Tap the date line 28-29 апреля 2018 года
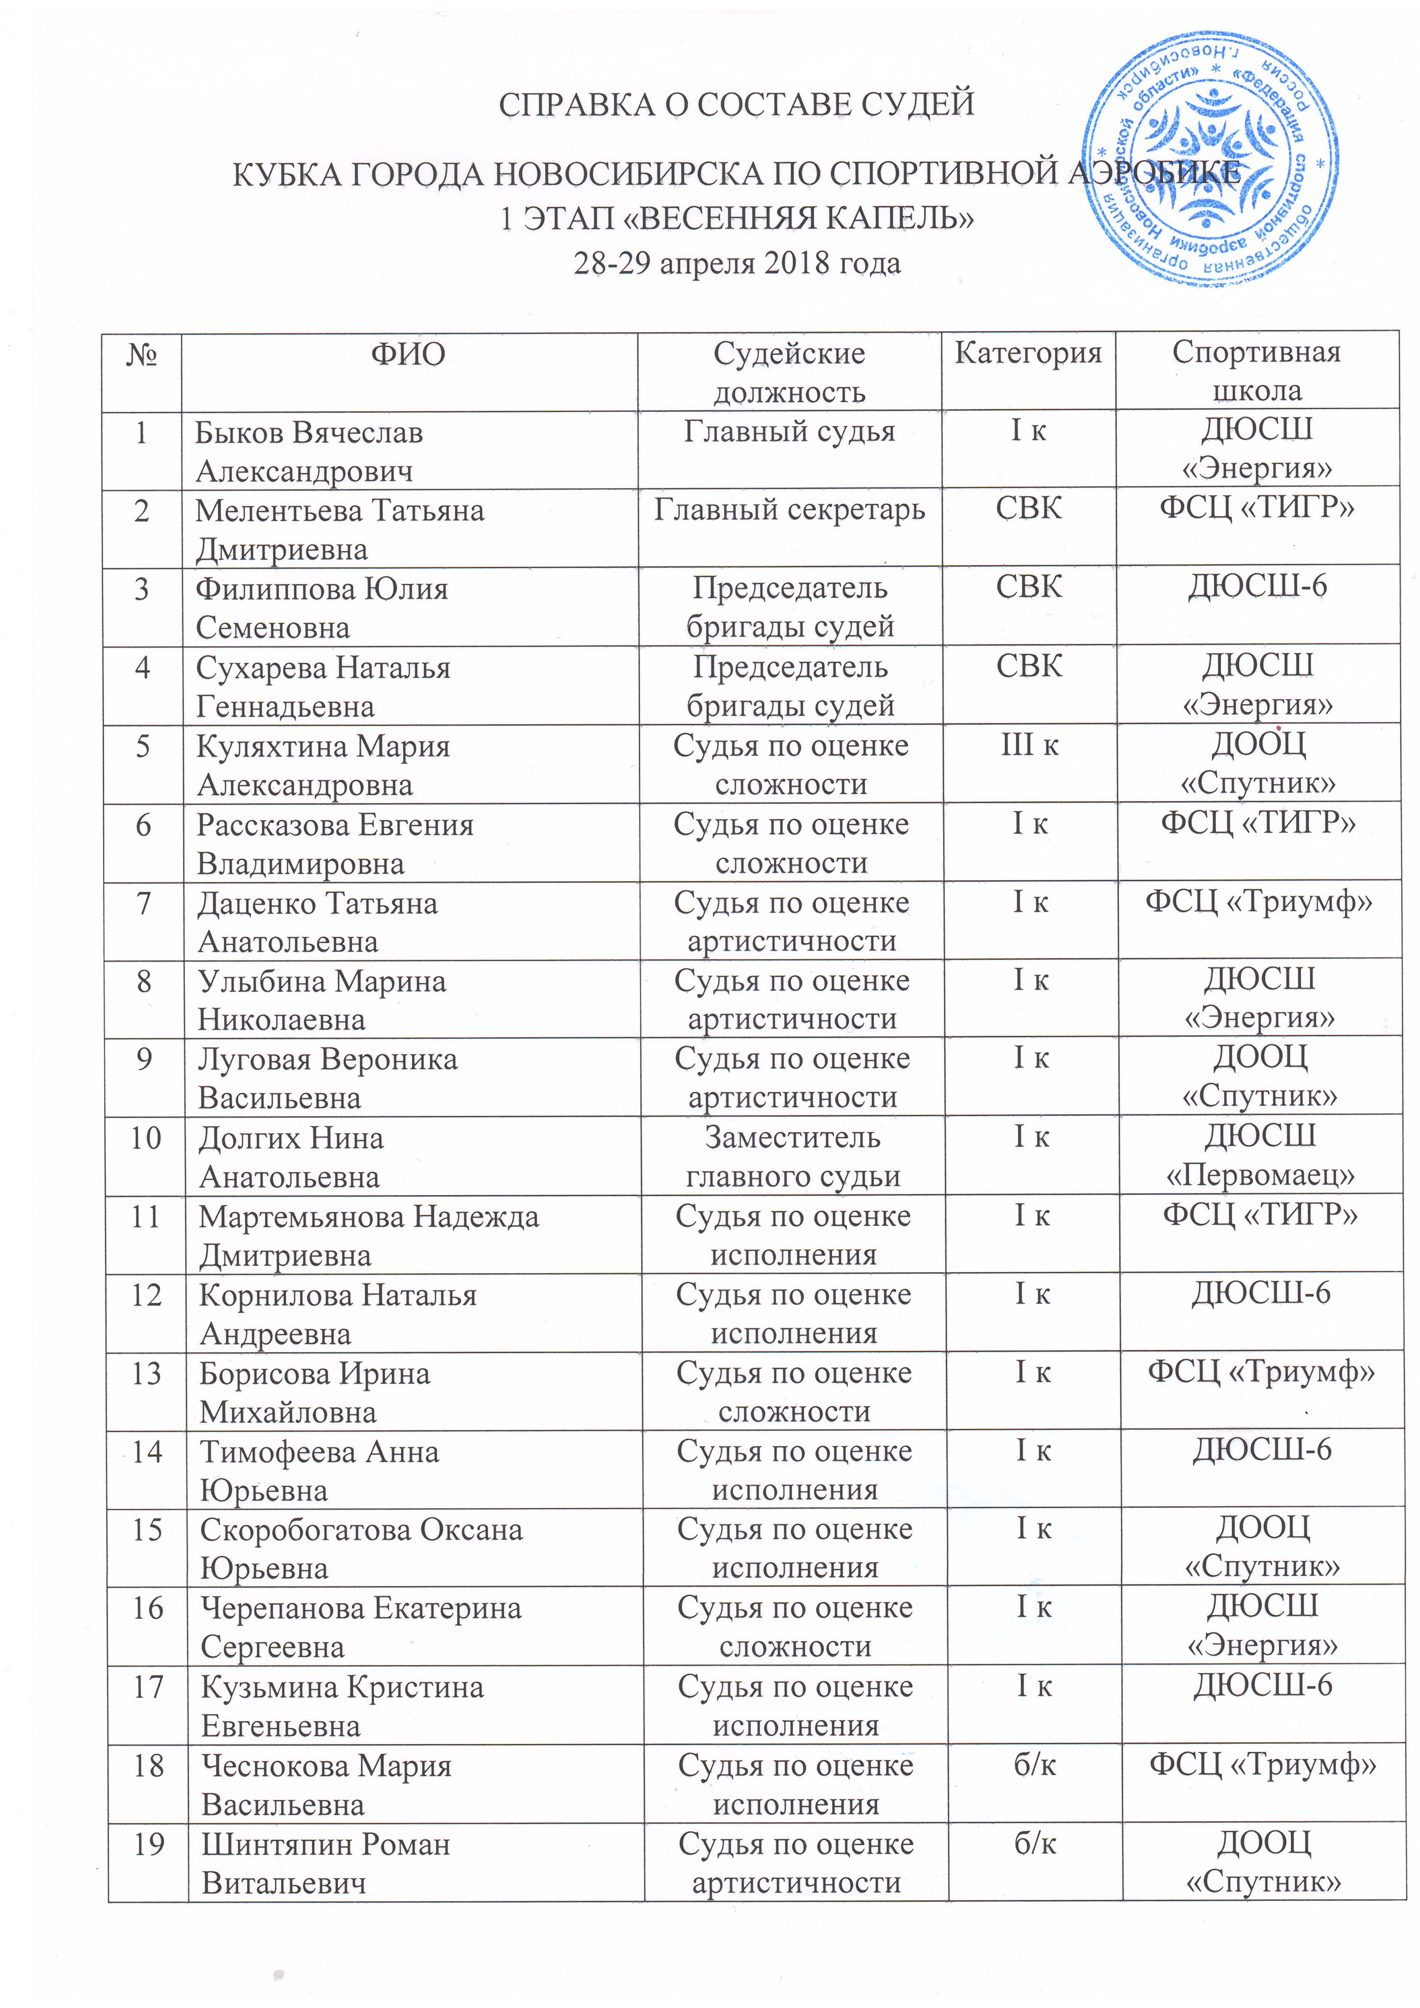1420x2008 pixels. (737, 263)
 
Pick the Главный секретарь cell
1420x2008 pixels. (789, 510)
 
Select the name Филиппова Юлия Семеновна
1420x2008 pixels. (321, 608)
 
